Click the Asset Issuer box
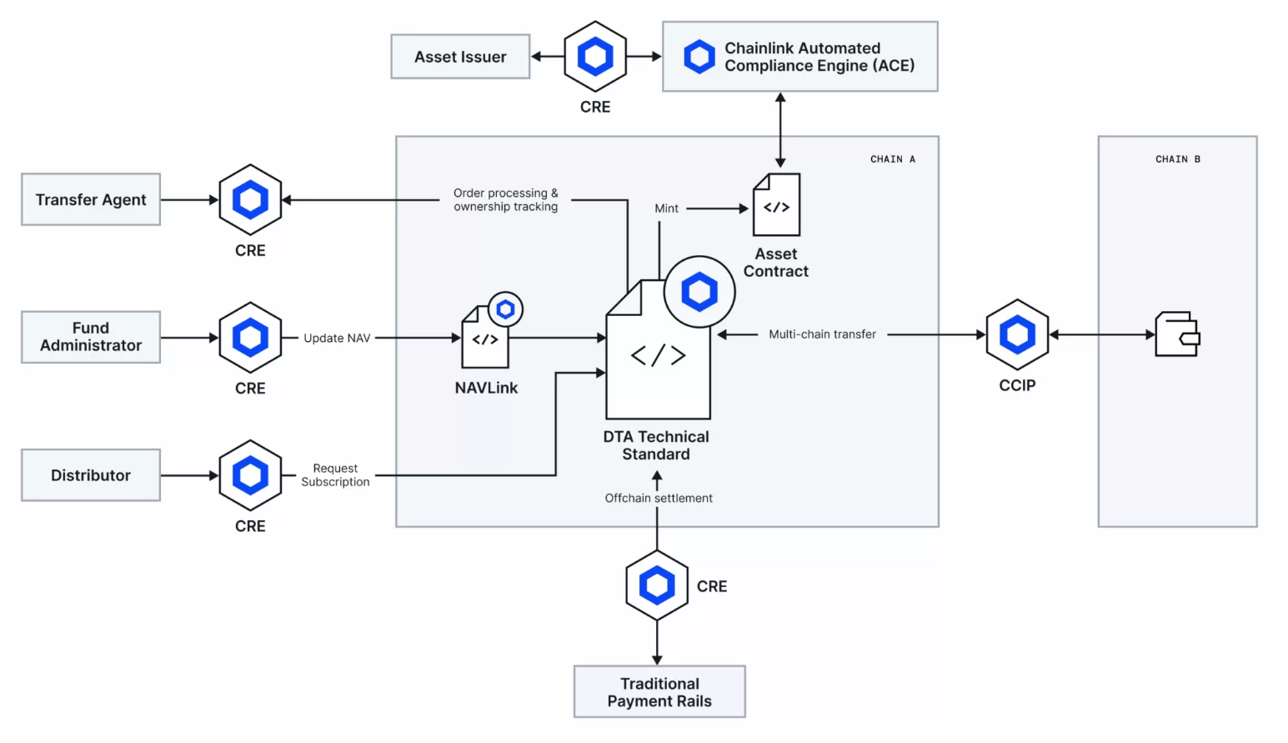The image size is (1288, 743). click(x=460, y=57)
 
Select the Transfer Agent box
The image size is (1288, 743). click(x=91, y=200)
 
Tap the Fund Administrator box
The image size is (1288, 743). click(x=91, y=337)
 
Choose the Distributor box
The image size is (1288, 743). click(x=91, y=475)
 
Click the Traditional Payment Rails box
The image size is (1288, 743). click(x=659, y=692)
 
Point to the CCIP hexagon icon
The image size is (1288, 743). click(x=1017, y=335)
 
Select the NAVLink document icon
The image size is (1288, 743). click(x=485, y=339)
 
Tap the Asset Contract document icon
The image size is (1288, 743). click(x=776, y=205)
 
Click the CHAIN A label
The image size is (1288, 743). click(x=892, y=159)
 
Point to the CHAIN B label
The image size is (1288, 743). click(x=1177, y=159)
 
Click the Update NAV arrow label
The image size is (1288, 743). click(x=337, y=338)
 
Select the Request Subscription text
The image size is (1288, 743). click(x=335, y=475)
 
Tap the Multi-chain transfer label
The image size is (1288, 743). click(x=822, y=334)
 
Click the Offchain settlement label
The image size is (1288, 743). click(x=659, y=498)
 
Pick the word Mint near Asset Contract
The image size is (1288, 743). click(x=666, y=208)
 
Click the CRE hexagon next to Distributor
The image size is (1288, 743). click(x=250, y=475)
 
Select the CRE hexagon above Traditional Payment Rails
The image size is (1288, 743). click(x=657, y=585)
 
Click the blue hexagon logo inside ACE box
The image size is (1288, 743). click(x=699, y=57)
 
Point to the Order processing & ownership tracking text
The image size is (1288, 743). click(x=505, y=200)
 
